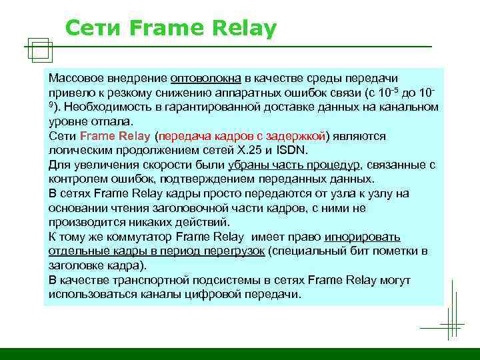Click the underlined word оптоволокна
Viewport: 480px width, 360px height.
[x=201, y=79]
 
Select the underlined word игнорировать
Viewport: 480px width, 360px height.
[x=363, y=237]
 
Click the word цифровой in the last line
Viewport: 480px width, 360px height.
[x=213, y=294]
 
